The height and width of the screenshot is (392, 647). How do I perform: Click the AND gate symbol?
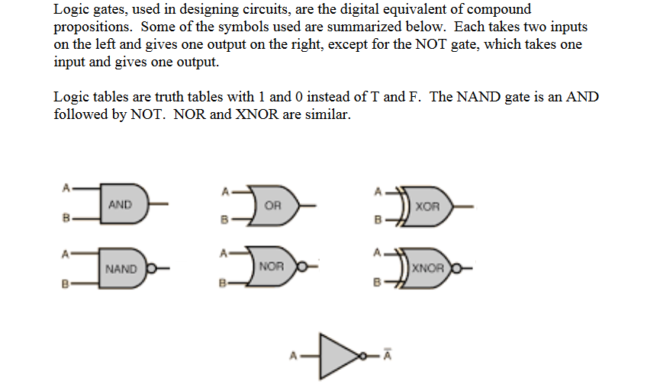[x=123, y=204]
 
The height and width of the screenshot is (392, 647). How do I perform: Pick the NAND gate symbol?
[x=123, y=268]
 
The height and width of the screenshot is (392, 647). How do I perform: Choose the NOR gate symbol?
[x=273, y=267]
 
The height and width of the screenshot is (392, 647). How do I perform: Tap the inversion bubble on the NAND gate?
[x=150, y=268]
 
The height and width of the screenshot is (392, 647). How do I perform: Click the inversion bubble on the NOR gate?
[x=301, y=267]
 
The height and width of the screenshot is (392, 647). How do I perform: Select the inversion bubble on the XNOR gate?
[x=457, y=268]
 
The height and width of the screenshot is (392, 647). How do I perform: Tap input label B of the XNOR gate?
[x=375, y=284]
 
